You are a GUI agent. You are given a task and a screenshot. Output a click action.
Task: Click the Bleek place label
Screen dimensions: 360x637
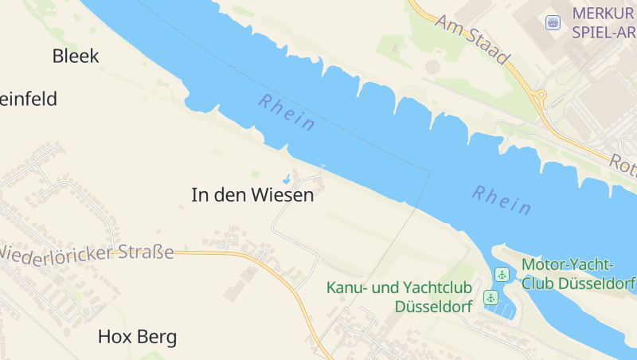(76, 56)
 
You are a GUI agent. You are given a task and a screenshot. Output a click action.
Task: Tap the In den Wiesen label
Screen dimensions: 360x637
(252, 194)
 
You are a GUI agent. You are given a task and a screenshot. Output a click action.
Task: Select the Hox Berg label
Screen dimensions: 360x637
(137, 337)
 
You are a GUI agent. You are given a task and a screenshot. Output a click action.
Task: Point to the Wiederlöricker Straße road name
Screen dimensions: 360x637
(86, 253)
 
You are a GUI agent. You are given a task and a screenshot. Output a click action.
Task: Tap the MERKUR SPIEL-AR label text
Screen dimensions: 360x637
(604, 23)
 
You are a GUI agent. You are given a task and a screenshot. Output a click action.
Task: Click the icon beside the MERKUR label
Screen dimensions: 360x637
(553, 22)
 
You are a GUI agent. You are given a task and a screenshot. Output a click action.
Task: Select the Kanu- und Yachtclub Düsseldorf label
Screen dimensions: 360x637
(400, 296)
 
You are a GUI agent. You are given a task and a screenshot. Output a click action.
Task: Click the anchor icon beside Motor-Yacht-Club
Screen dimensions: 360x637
(502, 274)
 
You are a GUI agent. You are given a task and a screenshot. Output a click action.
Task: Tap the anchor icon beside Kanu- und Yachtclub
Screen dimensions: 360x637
(491, 297)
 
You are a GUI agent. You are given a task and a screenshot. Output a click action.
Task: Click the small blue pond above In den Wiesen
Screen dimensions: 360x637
(286, 178)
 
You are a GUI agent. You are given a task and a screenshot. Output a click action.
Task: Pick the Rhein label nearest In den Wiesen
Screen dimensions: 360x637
(287, 112)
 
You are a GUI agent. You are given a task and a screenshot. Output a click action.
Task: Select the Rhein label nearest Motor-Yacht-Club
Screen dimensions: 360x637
(502, 200)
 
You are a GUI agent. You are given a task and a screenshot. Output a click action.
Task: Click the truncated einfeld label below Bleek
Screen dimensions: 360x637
(29, 100)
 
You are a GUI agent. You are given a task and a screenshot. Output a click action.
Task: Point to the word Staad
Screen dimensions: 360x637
(485, 48)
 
